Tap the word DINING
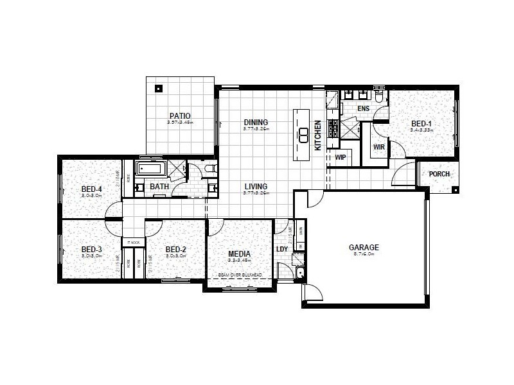coord(256,123)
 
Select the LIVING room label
coord(256,187)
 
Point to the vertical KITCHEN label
coord(317,135)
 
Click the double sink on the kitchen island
coord(303,134)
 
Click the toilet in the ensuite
coord(380,97)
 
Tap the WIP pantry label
coord(341,157)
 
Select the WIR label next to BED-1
coord(378,147)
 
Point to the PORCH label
coord(439,174)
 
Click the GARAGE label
coord(364,247)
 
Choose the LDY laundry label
coord(282,250)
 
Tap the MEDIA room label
coord(238,253)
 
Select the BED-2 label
coord(175,250)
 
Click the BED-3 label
coord(92,250)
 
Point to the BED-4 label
coord(92,189)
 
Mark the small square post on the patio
coord(159,89)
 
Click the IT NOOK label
coord(134,242)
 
